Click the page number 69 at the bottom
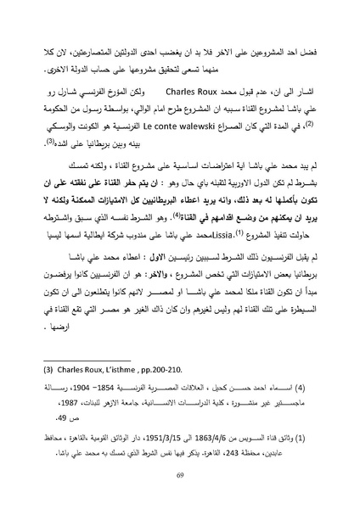(x=180, y=478)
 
